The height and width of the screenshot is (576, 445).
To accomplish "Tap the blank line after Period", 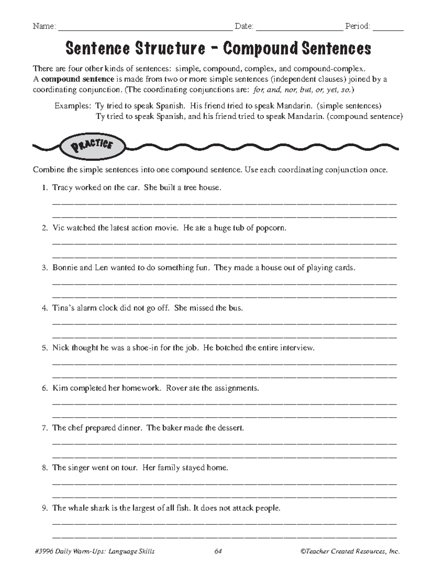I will point(388,28).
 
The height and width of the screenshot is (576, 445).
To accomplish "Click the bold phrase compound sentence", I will point(78,79).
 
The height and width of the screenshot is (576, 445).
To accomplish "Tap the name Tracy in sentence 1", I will point(62,188).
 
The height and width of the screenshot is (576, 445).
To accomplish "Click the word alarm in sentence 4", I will point(87,308).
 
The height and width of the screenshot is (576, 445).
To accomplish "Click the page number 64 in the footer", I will point(218,552).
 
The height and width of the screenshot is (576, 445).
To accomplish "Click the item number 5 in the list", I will point(44,348).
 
